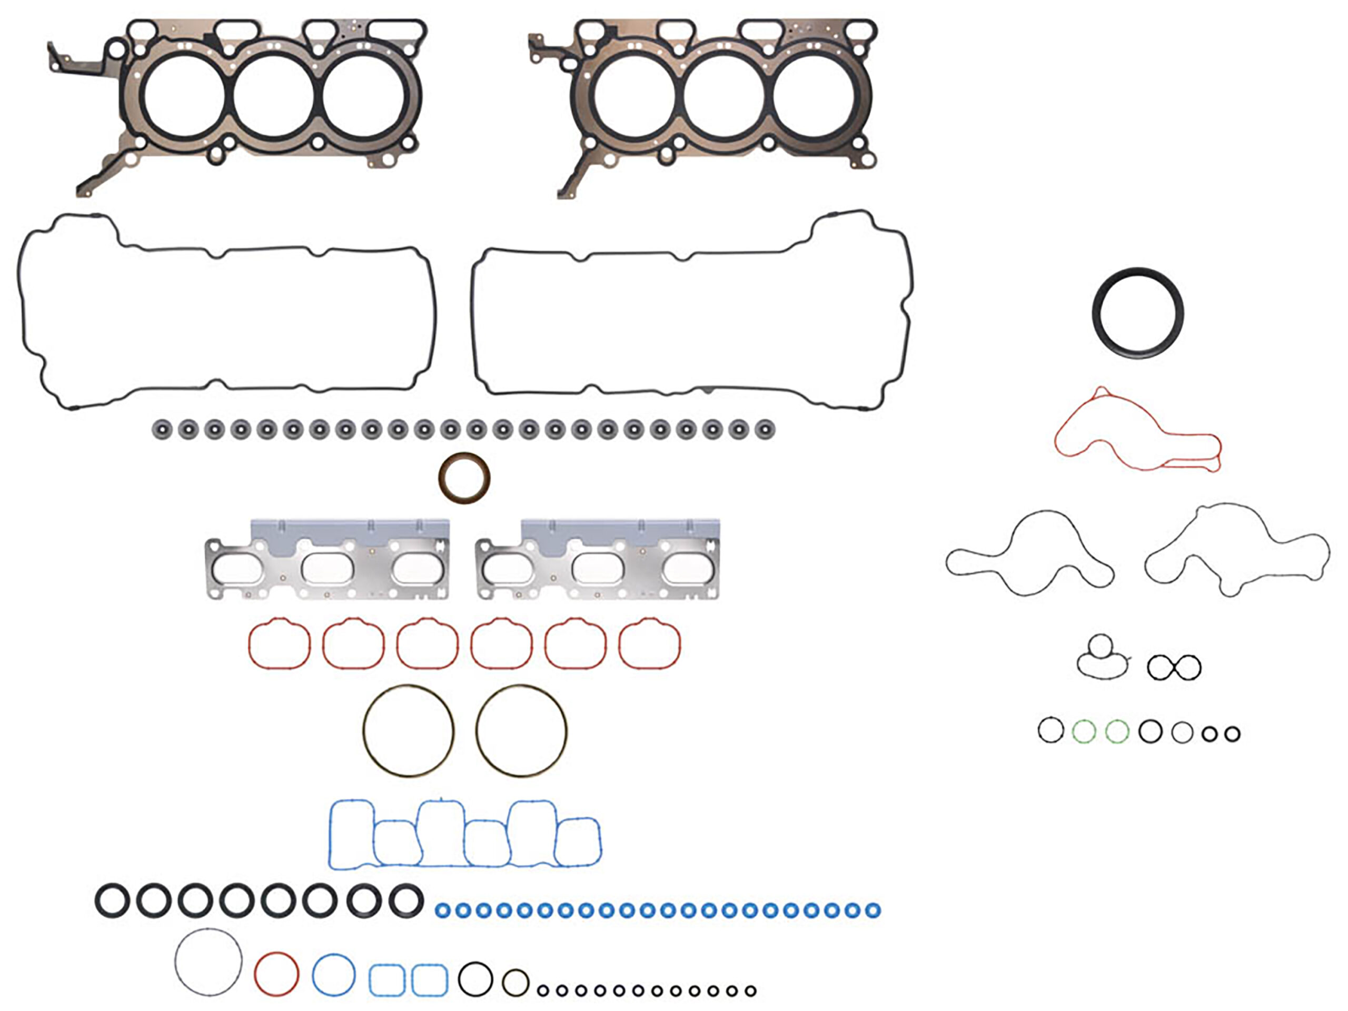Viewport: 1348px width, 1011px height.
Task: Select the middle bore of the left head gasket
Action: click(x=274, y=96)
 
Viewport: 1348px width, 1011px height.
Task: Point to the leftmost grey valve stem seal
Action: click(x=160, y=429)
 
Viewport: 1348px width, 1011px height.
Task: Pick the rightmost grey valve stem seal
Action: click(x=764, y=429)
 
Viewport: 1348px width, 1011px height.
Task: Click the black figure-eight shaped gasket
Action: click(x=1174, y=667)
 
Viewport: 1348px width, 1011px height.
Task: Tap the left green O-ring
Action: click(x=1084, y=731)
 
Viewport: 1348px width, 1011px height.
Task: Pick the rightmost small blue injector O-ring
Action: click(x=873, y=911)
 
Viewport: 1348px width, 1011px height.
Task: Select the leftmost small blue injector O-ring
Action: click(x=443, y=911)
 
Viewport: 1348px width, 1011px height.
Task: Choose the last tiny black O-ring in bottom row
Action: click(x=751, y=992)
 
